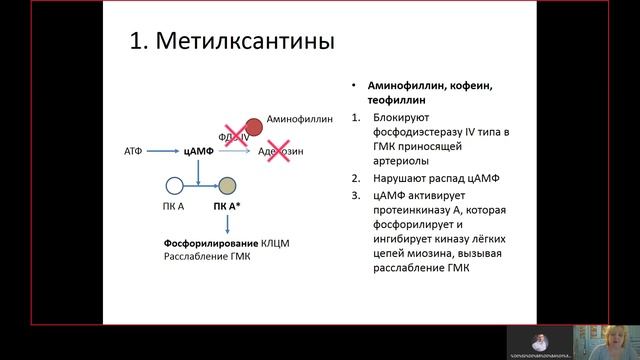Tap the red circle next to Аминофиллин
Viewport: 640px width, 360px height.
click(255, 127)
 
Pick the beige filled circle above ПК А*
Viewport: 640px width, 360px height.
click(227, 186)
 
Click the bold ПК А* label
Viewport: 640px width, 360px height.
click(226, 206)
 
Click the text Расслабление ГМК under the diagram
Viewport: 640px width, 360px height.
click(207, 257)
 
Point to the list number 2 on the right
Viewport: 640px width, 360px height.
click(356, 179)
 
